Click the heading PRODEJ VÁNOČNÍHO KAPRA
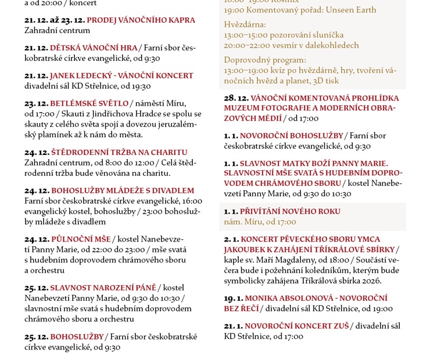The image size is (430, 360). coord(141,20)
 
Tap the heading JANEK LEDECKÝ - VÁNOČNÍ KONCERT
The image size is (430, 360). coord(121,75)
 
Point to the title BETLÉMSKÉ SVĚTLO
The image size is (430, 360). coord(89,103)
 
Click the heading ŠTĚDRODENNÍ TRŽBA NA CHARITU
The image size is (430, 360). coord(119,152)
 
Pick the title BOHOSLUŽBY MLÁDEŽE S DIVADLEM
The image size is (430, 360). coord(123,190)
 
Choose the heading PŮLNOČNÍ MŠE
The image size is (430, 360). coord(81,239)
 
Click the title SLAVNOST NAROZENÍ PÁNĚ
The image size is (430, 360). coord(103,287)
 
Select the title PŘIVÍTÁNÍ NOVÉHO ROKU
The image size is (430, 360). coord(290,211)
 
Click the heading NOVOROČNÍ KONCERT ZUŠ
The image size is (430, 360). coord(296,326)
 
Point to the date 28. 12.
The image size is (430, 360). coord(236,98)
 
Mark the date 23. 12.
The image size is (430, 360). coord(36,103)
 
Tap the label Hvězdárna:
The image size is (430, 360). coord(245,24)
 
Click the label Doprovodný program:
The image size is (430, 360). coord(264,60)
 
